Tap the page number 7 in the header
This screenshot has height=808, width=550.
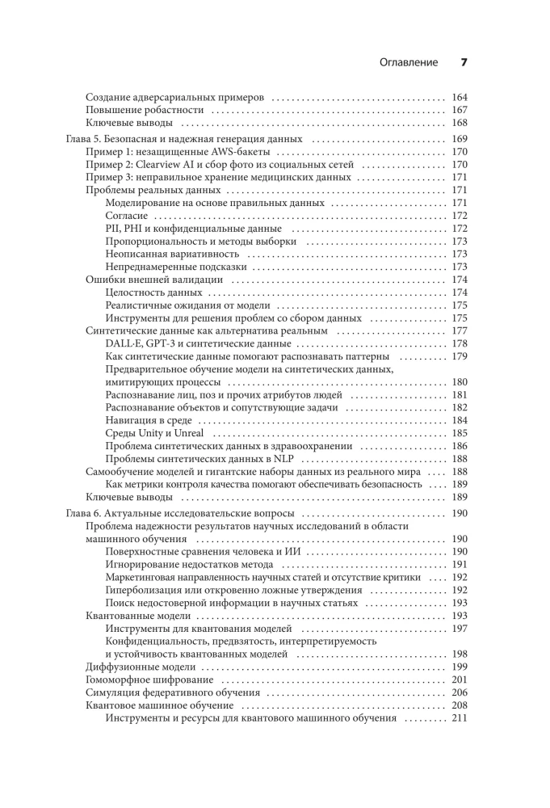tap(464, 62)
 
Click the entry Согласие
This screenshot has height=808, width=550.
tap(127, 216)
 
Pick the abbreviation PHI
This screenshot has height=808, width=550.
tap(131, 229)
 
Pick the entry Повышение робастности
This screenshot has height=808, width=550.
tap(144, 110)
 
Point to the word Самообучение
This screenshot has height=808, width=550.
tap(120, 471)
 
